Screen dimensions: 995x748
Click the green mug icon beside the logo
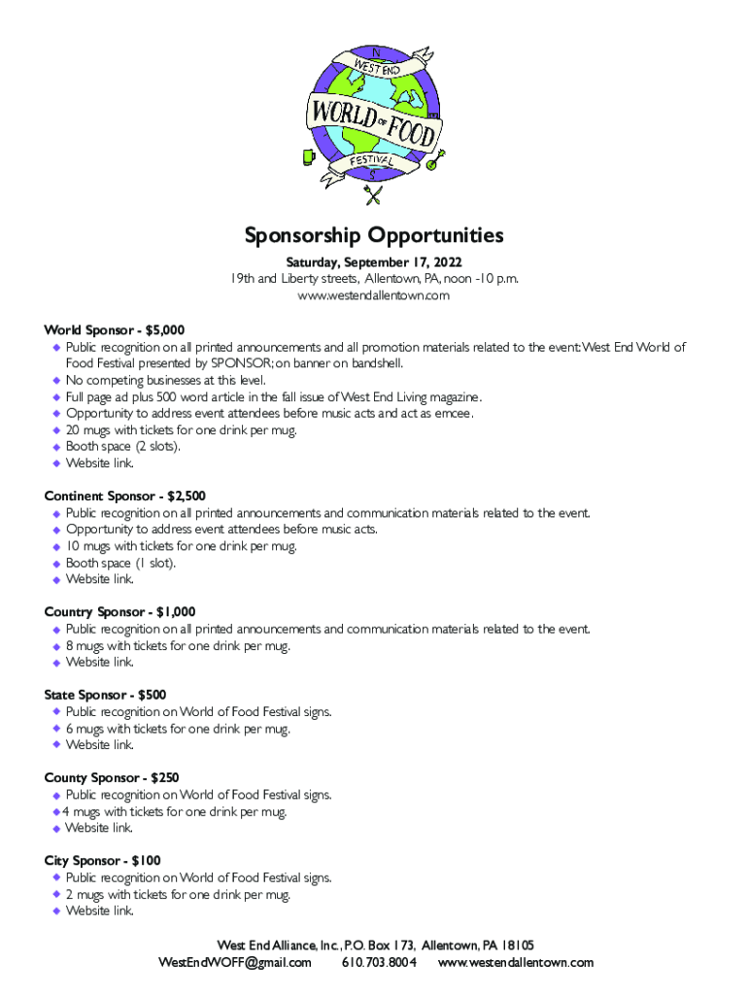coord(308,154)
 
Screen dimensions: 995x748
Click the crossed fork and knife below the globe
coord(373,195)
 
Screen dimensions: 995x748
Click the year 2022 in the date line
coord(444,263)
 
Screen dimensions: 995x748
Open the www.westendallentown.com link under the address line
coord(374,295)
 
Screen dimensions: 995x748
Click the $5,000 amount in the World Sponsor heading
coord(162,330)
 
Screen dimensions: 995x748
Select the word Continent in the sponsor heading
coord(79,497)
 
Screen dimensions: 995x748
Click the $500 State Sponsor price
coord(152,695)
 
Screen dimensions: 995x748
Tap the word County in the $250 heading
coord(65,778)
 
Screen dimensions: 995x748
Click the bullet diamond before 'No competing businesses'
coord(56,381)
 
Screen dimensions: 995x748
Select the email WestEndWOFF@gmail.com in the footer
coord(235,963)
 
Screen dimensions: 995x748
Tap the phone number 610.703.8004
coord(379,963)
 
